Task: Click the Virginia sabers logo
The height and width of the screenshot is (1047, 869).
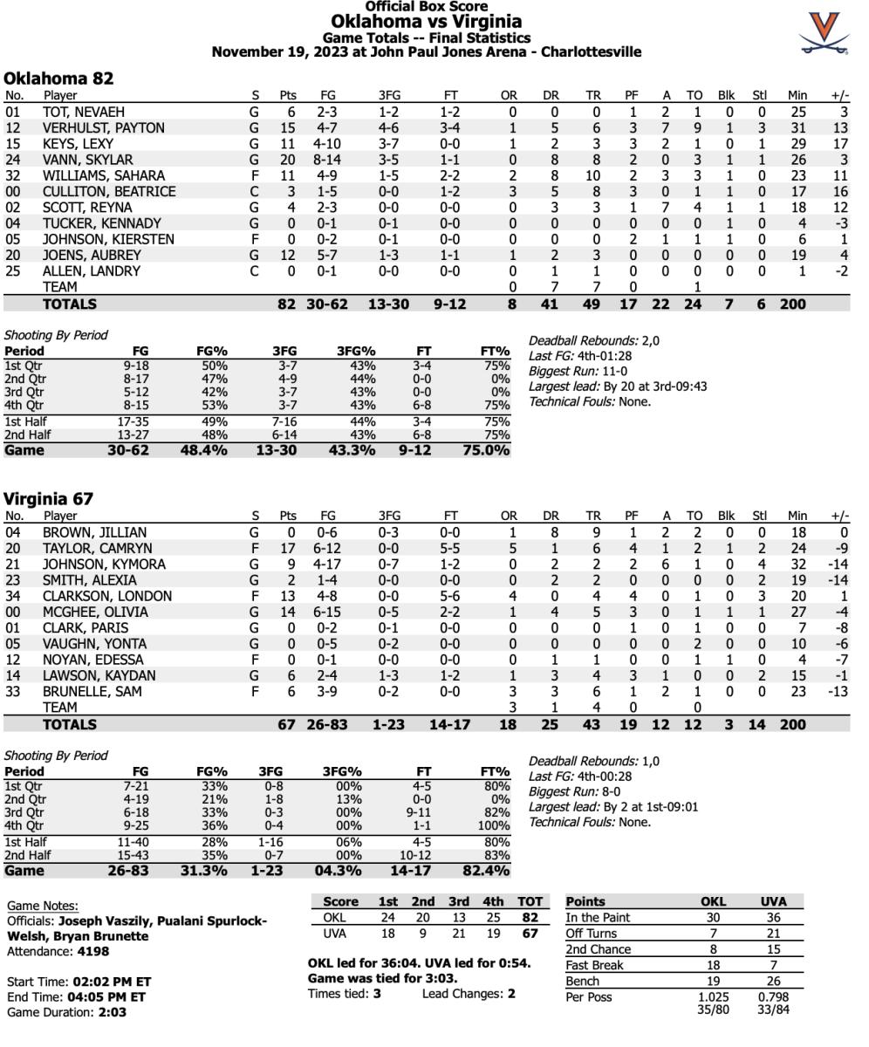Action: pyautogui.click(x=825, y=33)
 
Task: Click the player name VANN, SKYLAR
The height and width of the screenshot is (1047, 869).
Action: pyautogui.click(x=88, y=160)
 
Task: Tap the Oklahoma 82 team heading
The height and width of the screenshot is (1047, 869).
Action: pyautogui.click(x=58, y=78)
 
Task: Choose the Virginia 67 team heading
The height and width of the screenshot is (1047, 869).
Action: pyautogui.click(x=48, y=498)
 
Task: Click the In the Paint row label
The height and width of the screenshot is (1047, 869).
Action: pyautogui.click(x=598, y=917)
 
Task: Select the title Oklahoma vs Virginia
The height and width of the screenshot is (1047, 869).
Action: pyautogui.click(x=426, y=22)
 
